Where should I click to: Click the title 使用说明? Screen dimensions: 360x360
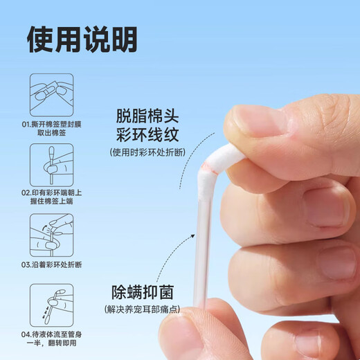pyautogui.click(x=82, y=39)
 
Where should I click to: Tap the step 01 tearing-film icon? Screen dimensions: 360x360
pyautogui.click(x=52, y=95)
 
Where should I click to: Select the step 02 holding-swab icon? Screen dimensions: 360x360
pyautogui.click(x=52, y=165)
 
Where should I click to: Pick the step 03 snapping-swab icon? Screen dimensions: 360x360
pyautogui.click(x=52, y=235)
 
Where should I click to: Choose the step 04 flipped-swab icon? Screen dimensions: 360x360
pyautogui.click(x=52, y=305)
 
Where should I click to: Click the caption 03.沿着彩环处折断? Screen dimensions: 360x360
pyautogui.click(x=52, y=264)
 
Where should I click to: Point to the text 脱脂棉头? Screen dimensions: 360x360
pyautogui.click(x=147, y=116)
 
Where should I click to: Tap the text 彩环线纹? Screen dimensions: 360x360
pyautogui.click(x=147, y=135)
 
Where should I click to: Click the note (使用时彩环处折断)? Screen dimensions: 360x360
pyautogui.click(x=147, y=152)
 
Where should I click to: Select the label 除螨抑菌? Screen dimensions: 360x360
pyautogui.click(x=143, y=292)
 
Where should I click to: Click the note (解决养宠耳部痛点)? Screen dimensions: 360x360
pyautogui.click(x=142, y=309)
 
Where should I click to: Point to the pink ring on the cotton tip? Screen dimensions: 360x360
pyautogui.click(x=209, y=168)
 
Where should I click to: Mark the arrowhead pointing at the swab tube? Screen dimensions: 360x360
pyautogui.click(x=192, y=236)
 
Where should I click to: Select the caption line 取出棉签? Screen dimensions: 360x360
pyautogui.click(x=52, y=133)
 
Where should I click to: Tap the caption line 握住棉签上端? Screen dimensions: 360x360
pyautogui.click(x=52, y=201)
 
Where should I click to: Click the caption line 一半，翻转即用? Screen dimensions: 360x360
pyautogui.click(x=52, y=343)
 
